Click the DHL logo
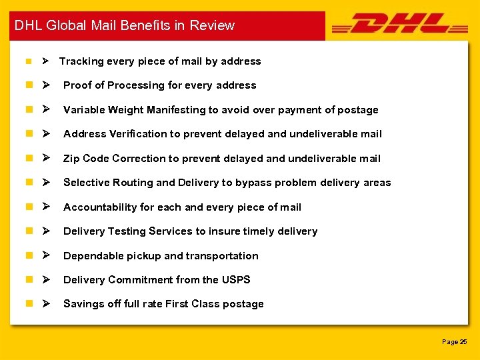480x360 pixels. (x=399, y=25)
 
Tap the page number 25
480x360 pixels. (x=463, y=342)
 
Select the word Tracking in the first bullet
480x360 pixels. (x=81, y=61)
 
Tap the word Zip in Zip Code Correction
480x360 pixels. (x=71, y=159)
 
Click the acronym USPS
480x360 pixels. (x=236, y=280)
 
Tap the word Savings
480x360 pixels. (x=83, y=304)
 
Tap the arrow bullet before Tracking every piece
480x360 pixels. (x=45, y=61)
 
